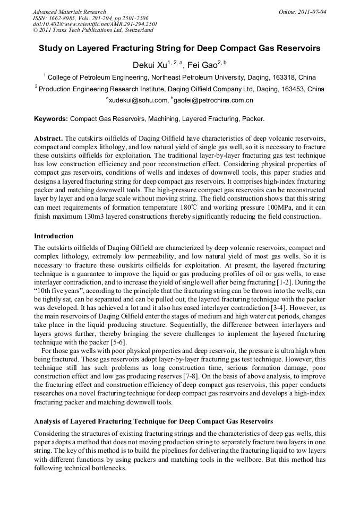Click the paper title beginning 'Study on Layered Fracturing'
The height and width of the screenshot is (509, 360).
pos(179,48)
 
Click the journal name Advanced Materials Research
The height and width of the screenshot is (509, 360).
pos(70,12)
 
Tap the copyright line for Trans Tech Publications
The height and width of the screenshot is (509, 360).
pos(93,30)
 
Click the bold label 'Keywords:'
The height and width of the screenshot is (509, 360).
pos(51,119)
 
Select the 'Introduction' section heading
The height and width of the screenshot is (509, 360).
pos(54,236)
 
